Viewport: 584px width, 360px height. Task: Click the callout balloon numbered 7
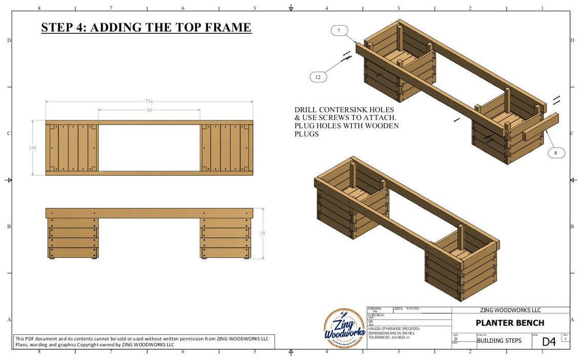pos(338,31)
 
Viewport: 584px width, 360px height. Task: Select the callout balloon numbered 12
pos(318,77)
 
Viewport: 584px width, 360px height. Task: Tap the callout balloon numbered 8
pos(556,153)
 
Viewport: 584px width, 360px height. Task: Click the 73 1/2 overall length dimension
pos(149,101)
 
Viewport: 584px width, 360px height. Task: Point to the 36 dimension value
pos(149,110)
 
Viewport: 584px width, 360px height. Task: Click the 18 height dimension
pos(263,233)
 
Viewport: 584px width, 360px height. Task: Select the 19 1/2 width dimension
pos(32,148)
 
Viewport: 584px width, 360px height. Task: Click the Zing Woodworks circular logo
pos(345,329)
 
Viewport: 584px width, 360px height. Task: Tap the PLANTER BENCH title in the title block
pos(510,323)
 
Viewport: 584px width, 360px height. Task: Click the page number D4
pos(549,342)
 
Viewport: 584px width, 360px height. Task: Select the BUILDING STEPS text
pos(499,341)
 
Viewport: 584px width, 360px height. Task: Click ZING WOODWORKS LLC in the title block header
pos(510,310)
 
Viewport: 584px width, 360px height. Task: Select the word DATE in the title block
pos(399,309)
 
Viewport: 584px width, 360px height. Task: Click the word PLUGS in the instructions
pos(307,134)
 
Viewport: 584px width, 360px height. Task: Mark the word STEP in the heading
pos(57,28)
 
